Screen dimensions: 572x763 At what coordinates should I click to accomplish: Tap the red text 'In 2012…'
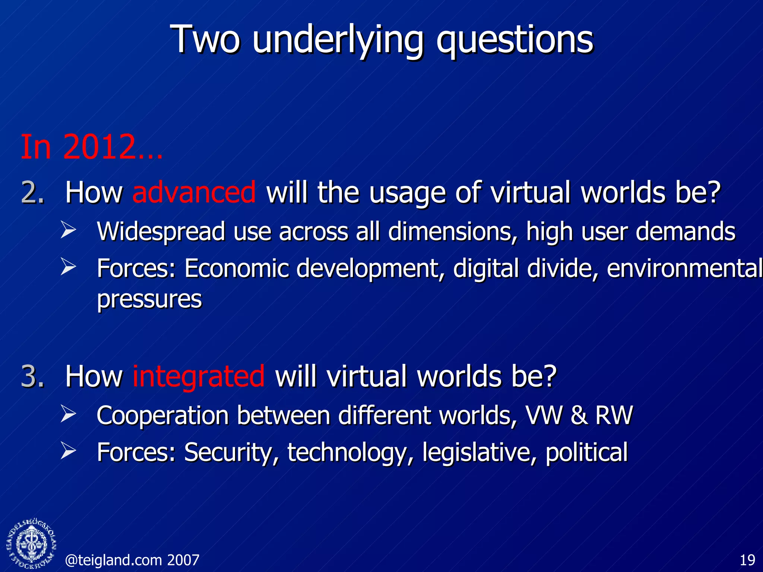[x=92, y=147]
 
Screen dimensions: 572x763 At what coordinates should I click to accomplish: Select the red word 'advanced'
[x=194, y=192]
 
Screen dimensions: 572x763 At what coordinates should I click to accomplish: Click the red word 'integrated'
[x=199, y=376]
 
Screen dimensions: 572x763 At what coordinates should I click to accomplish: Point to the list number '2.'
[x=33, y=192]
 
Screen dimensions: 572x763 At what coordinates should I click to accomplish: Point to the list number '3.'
[x=33, y=376]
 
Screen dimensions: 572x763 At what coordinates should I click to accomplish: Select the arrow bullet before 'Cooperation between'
[x=68, y=414]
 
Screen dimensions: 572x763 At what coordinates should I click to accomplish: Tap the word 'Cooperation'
[x=162, y=416]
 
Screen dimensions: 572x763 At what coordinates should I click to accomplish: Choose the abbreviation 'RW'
[x=614, y=415]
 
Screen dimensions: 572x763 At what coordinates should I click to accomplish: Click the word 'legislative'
[x=479, y=452]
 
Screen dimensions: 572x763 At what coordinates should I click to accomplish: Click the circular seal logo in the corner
[x=32, y=544]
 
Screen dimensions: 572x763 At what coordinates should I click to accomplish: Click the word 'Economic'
[x=237, y=268]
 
